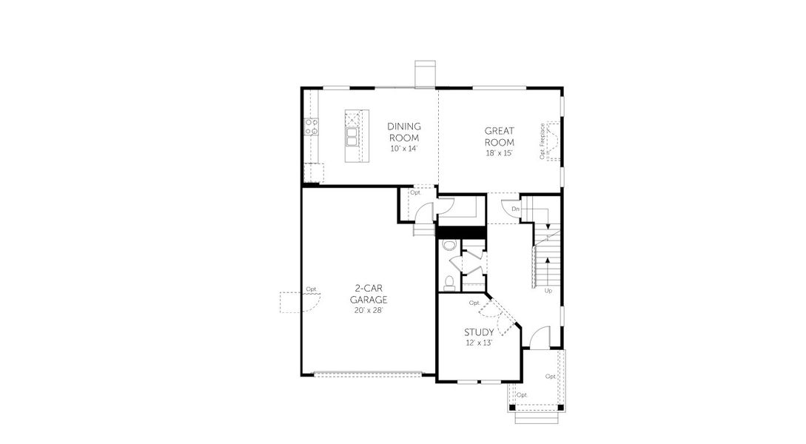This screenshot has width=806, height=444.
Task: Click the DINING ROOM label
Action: point(404,132)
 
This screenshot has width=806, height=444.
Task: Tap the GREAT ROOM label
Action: point(499,137)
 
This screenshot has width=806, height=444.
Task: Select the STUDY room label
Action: point(479,332)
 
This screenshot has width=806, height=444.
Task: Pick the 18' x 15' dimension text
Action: point(499,152)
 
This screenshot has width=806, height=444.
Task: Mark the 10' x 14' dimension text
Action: point(404,149)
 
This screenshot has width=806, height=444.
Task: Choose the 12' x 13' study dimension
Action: point(479,343)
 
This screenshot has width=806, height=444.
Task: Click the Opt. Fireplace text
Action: point(543,141)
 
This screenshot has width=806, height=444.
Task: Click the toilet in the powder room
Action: point(448,282)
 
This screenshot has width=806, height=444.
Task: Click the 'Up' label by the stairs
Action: point(548,291)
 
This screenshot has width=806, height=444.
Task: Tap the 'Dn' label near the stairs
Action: point(514,209)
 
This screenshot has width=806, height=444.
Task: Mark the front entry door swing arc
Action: point(541,337)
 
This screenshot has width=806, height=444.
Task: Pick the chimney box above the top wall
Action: point(426,74)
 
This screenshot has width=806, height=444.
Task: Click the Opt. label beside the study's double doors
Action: point(474,303)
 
